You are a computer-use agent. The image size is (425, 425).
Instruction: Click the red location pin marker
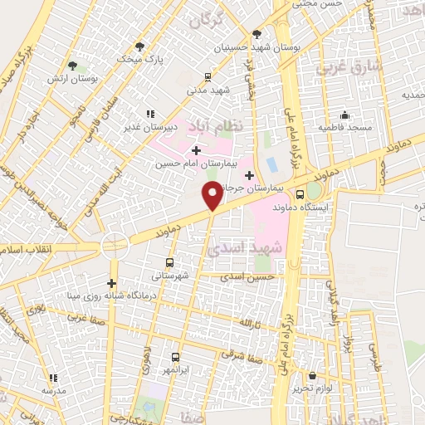coord(212,196)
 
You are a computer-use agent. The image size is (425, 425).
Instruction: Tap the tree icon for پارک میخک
coord(139,46)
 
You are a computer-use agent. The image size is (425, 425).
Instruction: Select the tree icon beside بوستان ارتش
coord(73,64)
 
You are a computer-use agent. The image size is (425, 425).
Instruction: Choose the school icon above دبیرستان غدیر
coord(149,113)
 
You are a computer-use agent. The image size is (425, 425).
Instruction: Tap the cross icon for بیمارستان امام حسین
coord(196,150)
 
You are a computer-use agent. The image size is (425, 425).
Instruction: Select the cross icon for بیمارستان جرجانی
coord(248,175)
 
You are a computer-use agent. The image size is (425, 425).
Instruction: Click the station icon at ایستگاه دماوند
coord(300,193)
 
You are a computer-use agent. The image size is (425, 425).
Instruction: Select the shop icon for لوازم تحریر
coord(313,375)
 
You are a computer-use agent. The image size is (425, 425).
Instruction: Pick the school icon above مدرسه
coord(53,377)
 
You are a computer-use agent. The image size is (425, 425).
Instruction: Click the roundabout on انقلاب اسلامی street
coord(111,246)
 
